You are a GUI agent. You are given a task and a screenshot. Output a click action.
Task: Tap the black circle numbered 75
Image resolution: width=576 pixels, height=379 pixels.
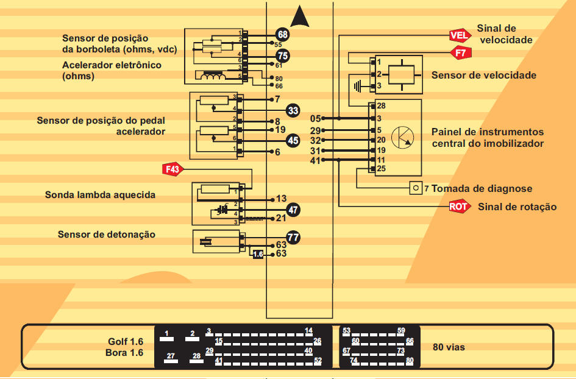coord(282,55)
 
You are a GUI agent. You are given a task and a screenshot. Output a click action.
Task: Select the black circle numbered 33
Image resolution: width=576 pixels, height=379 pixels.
coord(293,110)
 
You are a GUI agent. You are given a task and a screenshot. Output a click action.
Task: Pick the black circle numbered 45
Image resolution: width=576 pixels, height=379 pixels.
coord(293,140)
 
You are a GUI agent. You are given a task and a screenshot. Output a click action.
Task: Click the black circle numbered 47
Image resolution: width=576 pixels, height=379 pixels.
coord(294,210)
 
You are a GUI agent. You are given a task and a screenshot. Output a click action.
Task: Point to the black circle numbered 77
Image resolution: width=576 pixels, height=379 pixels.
coord(293,237)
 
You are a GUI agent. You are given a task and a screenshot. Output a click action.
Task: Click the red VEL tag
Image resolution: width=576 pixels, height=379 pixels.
coord(459,35)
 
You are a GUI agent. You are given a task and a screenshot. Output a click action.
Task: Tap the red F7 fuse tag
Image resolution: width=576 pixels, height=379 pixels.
coord(461,54)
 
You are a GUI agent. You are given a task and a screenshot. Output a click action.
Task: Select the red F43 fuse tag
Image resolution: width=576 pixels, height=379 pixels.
coord(172,169)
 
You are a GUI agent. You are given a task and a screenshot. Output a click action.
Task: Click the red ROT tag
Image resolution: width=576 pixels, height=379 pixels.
coord(459,207)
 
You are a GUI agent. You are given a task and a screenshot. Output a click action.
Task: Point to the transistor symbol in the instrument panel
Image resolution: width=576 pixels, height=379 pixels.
coord(401,138)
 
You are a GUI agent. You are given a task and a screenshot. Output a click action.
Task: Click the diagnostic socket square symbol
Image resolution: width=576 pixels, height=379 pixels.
coord(416,188)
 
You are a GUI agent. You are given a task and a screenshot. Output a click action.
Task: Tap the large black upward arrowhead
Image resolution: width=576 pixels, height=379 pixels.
coord(300,16)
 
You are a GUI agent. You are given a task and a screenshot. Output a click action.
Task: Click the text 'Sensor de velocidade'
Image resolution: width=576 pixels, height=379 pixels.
coord(484,76)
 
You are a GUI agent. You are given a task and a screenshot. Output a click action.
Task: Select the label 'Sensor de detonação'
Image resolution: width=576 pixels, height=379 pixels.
coord(107,235)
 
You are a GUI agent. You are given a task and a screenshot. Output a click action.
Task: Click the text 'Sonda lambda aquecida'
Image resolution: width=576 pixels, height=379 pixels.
coord(100,195)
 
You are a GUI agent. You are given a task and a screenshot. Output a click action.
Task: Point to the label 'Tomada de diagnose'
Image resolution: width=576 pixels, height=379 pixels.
coord(482,189)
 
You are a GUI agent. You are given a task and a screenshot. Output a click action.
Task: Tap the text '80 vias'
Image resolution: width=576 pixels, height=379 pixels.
coord(449,347)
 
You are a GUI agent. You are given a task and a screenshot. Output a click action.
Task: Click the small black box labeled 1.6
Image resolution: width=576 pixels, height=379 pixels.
coord(258,254)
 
